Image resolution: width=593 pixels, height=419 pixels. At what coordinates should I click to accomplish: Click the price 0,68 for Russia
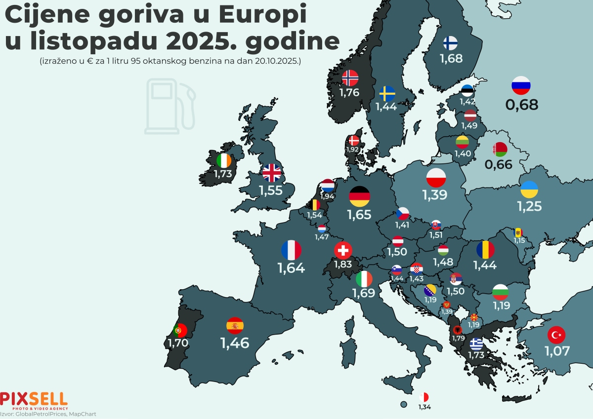point(521,105)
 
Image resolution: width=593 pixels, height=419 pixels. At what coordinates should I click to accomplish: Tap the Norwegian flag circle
point(350,78)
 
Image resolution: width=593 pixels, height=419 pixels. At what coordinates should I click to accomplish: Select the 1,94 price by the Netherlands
point(327,196)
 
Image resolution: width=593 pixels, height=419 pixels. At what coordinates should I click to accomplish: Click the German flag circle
point(359,196)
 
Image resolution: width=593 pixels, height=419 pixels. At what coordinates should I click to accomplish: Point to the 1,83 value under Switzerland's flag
point(342,264)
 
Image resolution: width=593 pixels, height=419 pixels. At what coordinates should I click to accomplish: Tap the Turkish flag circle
point(557,336)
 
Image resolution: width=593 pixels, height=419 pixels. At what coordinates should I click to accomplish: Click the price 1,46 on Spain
point(235,342)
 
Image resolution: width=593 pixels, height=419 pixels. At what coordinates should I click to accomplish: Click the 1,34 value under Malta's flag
point(424,407)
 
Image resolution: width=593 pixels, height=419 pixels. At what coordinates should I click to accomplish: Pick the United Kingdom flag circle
point(271,173)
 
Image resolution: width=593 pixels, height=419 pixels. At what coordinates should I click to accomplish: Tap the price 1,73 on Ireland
point(223,174)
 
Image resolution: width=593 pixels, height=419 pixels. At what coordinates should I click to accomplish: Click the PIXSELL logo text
point(34,398)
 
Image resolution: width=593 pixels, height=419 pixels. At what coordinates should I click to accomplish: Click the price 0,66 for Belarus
point(499,164)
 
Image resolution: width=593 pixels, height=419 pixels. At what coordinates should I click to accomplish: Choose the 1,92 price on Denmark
point(353,149)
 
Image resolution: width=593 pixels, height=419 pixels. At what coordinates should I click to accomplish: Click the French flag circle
point(291,250)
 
